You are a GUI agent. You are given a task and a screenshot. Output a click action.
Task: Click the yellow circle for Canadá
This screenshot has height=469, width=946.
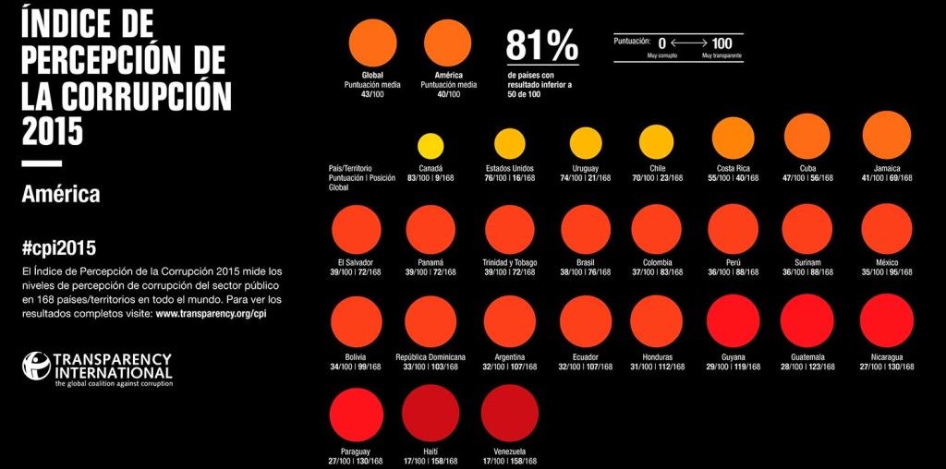[431, 146]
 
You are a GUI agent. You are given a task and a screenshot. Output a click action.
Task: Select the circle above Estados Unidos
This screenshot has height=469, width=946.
[509, 143]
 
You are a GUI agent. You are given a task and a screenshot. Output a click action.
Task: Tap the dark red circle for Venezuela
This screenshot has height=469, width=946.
[508, 412]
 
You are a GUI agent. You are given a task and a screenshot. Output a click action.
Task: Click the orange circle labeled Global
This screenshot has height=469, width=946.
[373, 43]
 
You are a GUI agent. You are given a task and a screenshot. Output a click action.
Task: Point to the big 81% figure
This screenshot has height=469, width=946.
[541, 45]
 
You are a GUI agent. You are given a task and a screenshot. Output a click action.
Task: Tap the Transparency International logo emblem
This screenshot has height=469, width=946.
[36, 365]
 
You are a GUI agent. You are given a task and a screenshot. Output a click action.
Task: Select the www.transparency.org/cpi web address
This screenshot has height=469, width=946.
[212, 314]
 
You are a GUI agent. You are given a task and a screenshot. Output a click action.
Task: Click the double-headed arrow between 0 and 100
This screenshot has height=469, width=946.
[689, 42]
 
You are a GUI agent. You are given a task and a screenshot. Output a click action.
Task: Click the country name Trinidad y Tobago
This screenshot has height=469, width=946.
[509, 262]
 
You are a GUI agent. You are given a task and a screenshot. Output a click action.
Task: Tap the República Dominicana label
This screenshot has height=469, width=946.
[430, 356]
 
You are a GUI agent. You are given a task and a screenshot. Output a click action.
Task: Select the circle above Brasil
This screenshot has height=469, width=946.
[586, 229]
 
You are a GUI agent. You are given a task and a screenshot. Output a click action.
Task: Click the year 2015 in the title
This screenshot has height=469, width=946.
[52, 130]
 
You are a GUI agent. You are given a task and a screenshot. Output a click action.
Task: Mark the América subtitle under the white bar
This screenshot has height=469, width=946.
[60, 195]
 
